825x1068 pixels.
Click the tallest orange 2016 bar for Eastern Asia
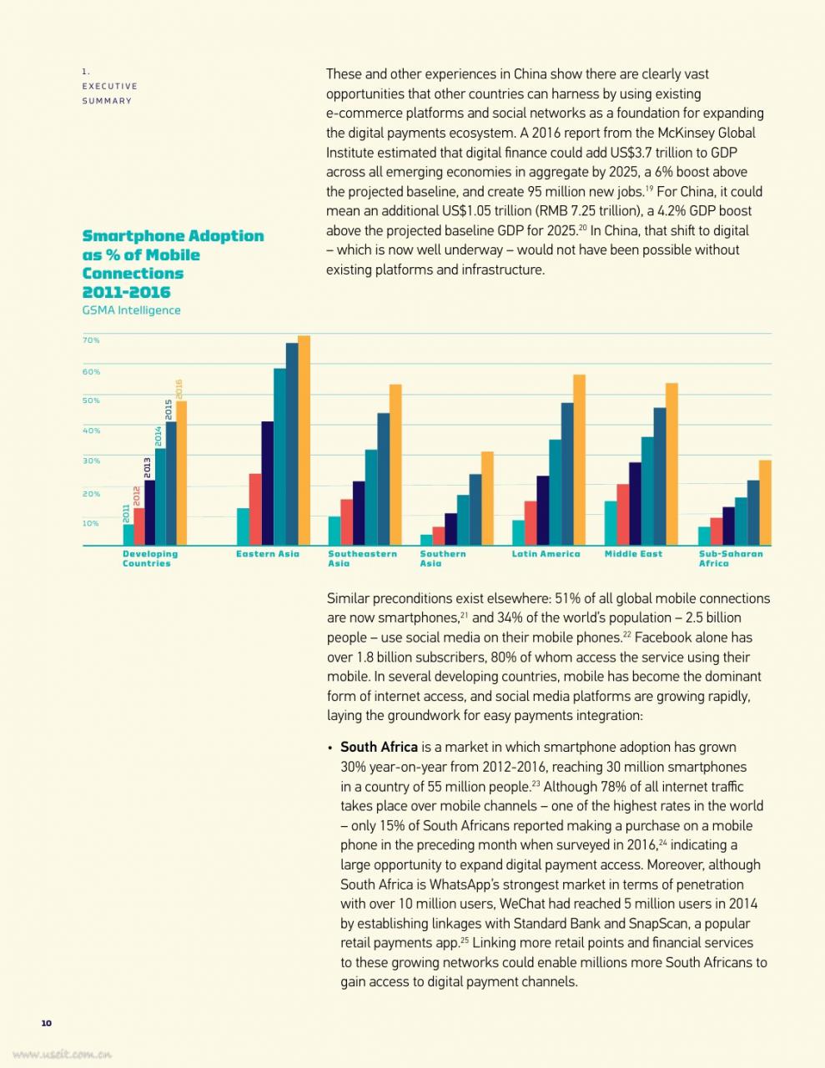(x=304, y=441)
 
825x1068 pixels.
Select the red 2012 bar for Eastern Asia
(x=255, y=509)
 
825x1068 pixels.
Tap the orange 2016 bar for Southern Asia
(x=487, y=498)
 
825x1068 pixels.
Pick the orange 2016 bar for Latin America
(x=579, y=460)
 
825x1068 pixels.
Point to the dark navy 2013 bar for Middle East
(x=635, y=504)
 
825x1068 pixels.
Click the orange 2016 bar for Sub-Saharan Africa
(x=765, y=503)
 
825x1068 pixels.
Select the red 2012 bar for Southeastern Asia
(x=346, y=522)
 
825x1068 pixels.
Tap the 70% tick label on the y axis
(x=91, y=340)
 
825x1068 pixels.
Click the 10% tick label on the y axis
(x=91, y=523)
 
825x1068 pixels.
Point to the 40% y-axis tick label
(x=91, y=431)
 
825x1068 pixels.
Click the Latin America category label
(x=546, y=554)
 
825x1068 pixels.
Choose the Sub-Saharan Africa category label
(x=731, y=558)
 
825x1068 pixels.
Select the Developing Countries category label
(x=150, y=558)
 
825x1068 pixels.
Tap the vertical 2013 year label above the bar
(x=147, y=467)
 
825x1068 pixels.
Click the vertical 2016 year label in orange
(x=179, y=389)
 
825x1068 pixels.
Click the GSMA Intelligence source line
(x=131, y=310)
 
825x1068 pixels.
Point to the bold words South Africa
(x=379, y=747)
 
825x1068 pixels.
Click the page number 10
(x=46, y=1023)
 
